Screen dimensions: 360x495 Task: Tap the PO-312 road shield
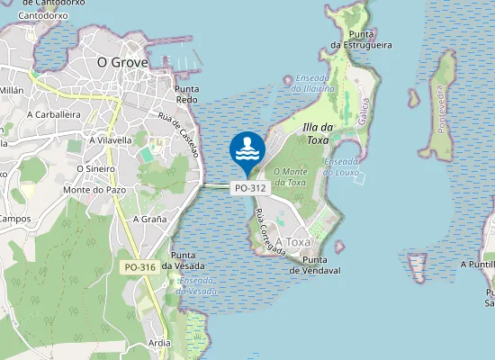click(249, 188)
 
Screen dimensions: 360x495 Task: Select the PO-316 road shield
click(139, 267)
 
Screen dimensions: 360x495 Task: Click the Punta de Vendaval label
click(315, 265)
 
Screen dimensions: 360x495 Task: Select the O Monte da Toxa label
click(289, 176)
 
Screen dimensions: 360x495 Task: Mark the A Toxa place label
click(292, 243)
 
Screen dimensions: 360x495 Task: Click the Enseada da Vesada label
click(197, 286)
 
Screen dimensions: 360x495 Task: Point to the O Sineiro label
click(95, 168)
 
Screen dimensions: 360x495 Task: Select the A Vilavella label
click(104, 140)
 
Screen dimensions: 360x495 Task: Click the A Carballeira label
click(55, 115)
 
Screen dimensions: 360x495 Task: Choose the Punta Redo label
click(186, 94)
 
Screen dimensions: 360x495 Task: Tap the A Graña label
click(149, 219)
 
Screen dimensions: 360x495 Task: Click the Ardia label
click(160, 343)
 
